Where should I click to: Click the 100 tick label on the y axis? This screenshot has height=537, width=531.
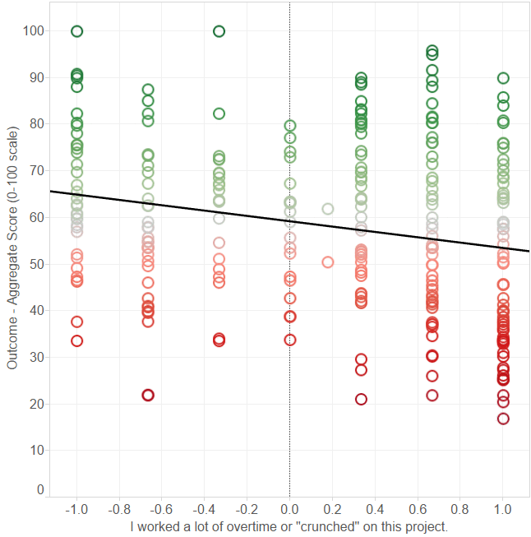(x=33, y=31)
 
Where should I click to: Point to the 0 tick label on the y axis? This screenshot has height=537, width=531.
(x=39, y=489)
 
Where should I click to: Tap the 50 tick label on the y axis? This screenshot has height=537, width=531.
(x=35, y=264)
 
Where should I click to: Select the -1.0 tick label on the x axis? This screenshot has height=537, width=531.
(x=76, y=510)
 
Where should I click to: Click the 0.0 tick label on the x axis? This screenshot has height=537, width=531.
(x=289, y=510)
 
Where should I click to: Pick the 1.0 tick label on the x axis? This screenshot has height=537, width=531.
(x=503, y=510)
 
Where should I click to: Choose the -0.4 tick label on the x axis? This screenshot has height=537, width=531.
(x=204, y=510)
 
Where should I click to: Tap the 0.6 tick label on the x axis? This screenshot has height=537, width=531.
(x=418, y=510)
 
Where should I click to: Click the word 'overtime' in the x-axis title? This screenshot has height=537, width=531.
(x=231, y=526)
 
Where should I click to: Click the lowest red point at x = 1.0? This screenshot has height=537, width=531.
(x=503, y=419)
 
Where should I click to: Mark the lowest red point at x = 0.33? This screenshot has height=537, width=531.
(x=361, y=399)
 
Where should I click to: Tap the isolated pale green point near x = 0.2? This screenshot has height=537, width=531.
(x=328, y=209)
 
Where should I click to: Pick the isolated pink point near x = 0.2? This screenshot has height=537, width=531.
(x=328, y=262)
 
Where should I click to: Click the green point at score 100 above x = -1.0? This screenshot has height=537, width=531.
(x=77, y=31)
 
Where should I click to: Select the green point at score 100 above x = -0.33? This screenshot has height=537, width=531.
(x=219, y=31)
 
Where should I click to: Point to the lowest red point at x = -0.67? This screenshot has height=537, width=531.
(x=148, y=395)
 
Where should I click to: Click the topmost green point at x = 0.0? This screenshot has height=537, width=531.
(x=290, y=126)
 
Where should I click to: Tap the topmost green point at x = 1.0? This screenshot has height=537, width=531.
(x=503, y=78)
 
